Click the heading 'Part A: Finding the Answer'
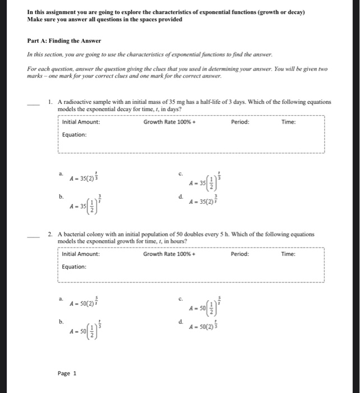coord(64,41)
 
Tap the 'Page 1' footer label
coord(67,373)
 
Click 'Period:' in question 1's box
coord(240,122)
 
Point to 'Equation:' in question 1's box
coord(75,135)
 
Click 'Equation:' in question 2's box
coord(75,267)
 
